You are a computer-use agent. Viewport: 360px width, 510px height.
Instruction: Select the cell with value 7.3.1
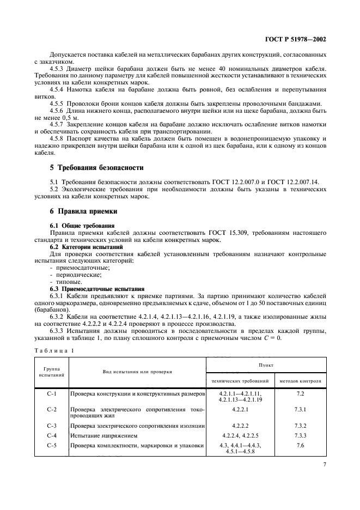tap(300, 409)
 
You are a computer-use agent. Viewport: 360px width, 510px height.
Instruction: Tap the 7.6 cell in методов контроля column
tap(300, 445)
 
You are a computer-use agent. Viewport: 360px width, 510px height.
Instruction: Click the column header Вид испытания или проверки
tap(137, 372)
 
